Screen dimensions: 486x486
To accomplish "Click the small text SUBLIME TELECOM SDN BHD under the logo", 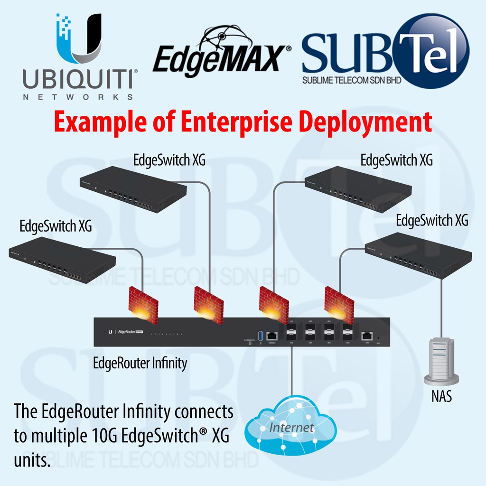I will click(x=351, y=80).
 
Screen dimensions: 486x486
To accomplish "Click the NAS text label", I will click(x=441, y=396).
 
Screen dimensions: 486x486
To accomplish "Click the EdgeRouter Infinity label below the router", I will click(x=140, y=364).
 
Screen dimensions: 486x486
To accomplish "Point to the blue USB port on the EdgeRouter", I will click(x=260, y=336).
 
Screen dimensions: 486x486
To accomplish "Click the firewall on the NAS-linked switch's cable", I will click(x=338, y=303).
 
